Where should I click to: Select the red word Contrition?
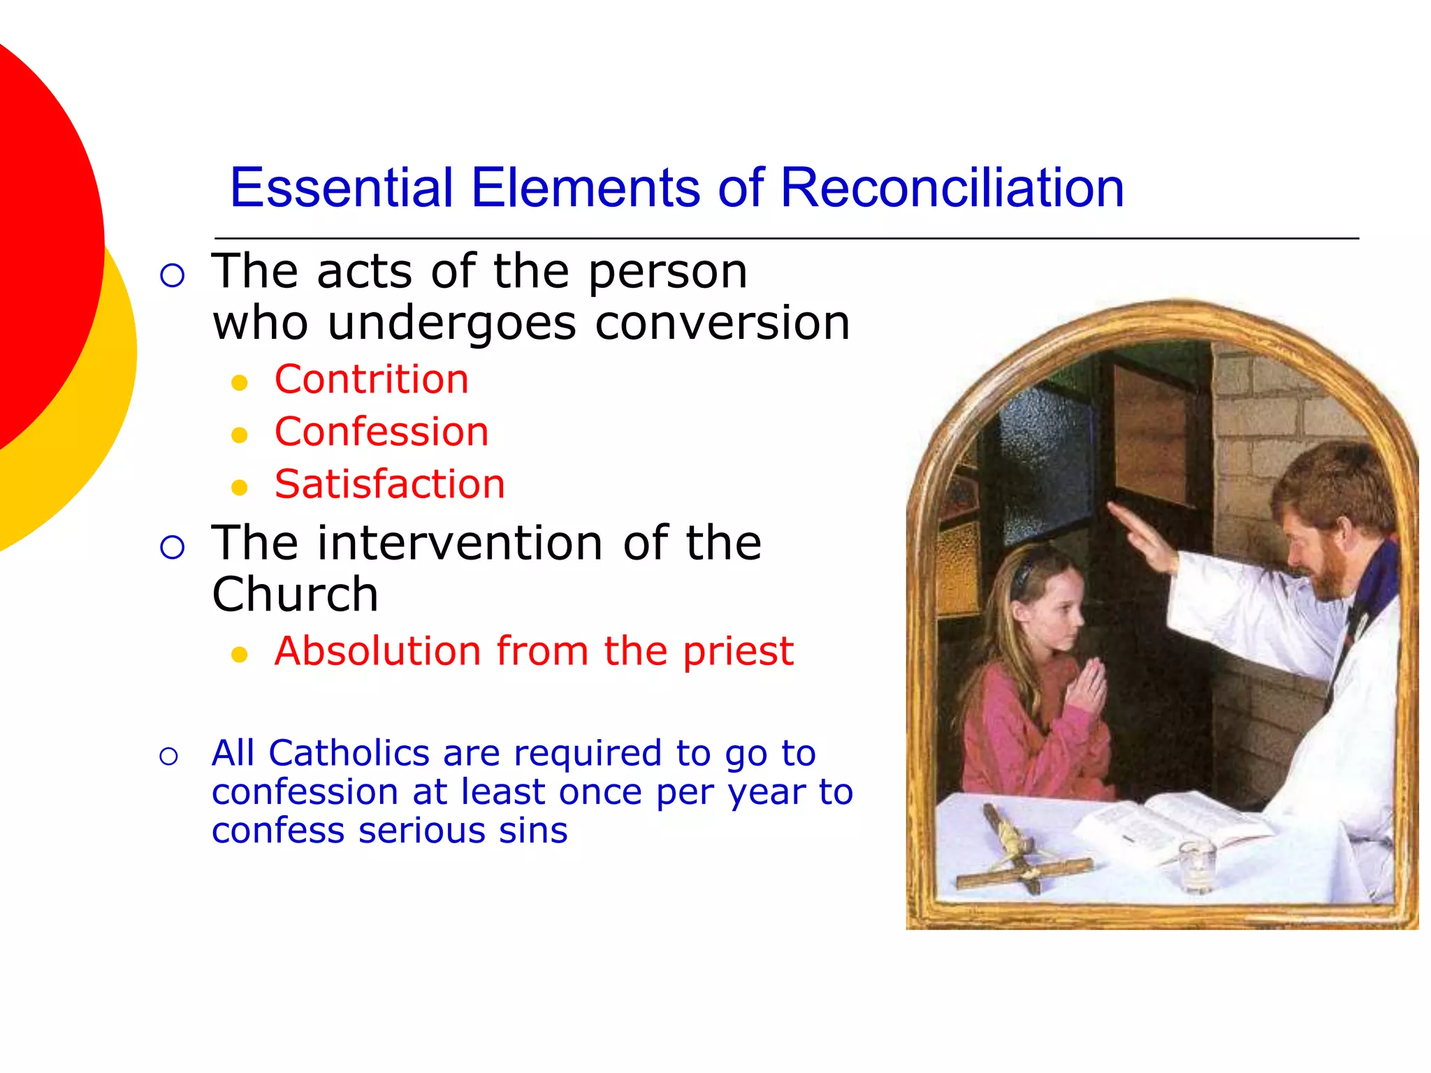click(371, 379)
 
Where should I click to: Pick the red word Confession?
click(382, 432)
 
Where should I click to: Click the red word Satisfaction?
click(389, 484)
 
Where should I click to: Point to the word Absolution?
click(377, 651)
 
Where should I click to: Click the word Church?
click(295, 594)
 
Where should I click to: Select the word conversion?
click(722, 323)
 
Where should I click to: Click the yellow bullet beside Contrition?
click(240, 383)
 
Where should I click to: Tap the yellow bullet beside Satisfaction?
click(240, 488)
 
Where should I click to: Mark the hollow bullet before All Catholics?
click(169, 756)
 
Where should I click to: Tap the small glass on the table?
click(1196, 866)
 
